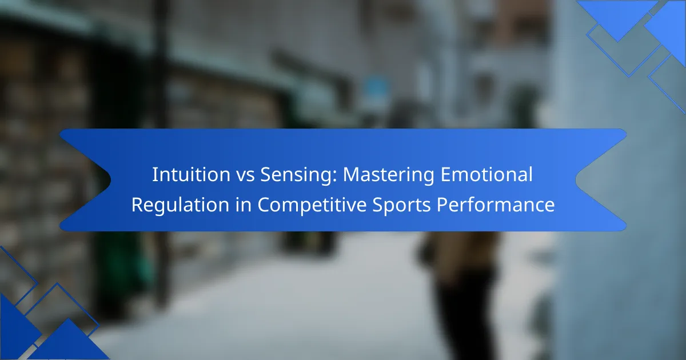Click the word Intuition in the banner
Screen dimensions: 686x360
tap(191, 174)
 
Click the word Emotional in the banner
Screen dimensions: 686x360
tap(486, 174)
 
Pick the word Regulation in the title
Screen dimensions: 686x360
tap(181, 205)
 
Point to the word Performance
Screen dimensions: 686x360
tap(496, 205)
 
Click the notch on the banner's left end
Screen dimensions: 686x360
tap(110, 180)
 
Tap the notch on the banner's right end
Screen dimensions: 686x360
tap(576, 180)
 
